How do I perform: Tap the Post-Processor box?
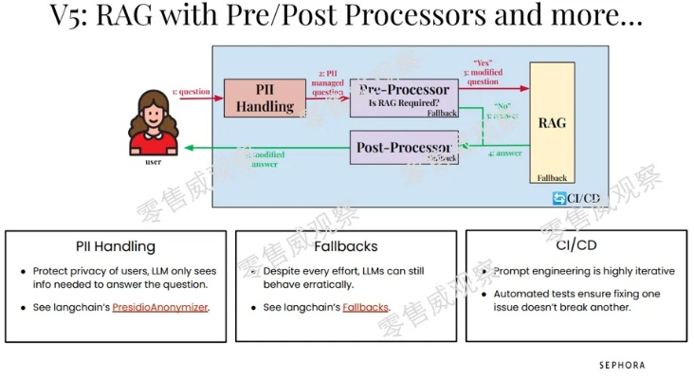[405, 149]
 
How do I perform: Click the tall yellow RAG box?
[552, 123]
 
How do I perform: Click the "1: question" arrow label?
[192, 92]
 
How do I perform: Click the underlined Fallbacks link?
[366, 308]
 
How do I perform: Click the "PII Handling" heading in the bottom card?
[116, 246]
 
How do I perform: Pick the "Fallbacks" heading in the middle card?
[346, 246]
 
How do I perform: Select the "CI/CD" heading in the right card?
[576, 246]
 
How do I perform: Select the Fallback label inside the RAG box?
[551, 177]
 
